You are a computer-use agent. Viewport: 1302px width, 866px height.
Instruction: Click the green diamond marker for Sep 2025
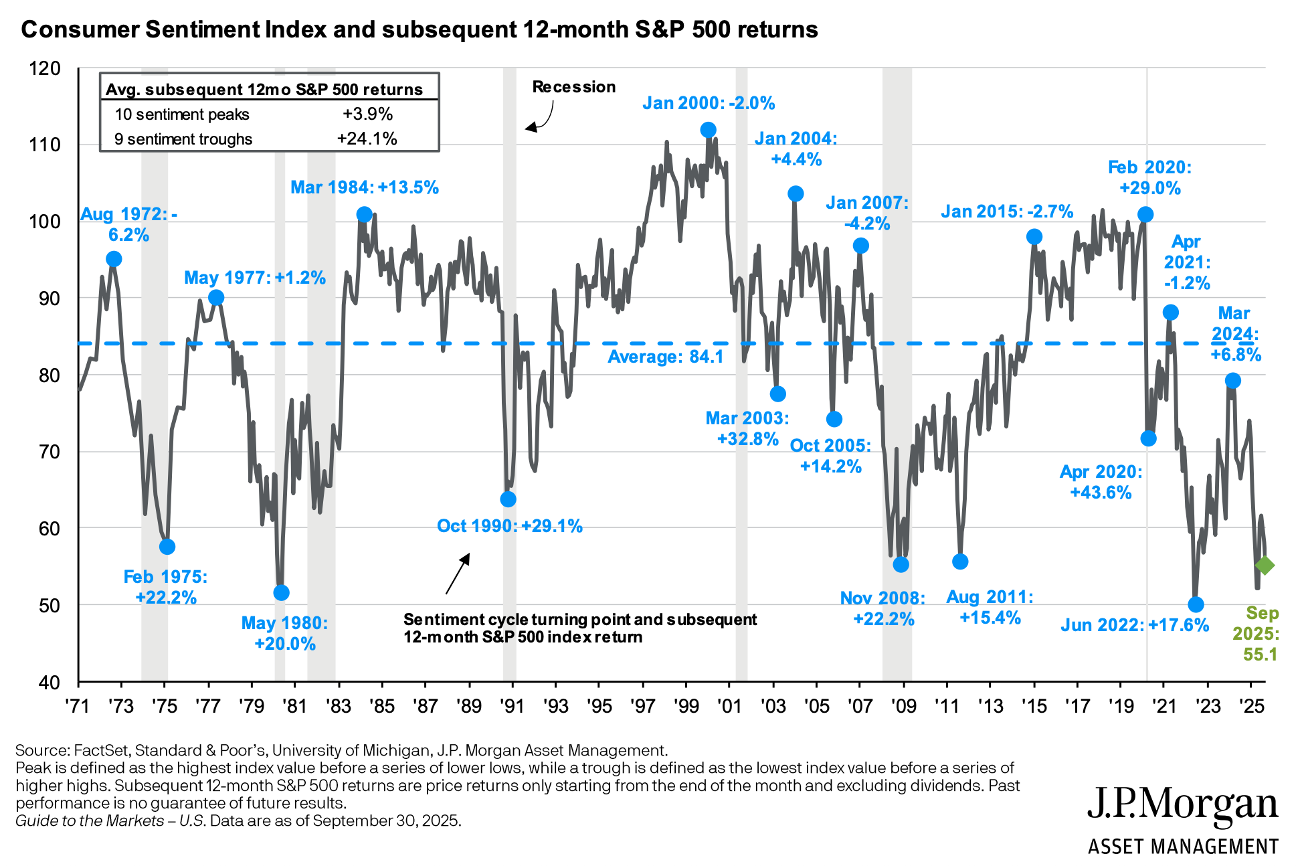1265,566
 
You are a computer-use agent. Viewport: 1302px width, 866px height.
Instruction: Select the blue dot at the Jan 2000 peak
709,130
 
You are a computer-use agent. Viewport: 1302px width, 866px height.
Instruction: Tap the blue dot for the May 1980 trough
282,593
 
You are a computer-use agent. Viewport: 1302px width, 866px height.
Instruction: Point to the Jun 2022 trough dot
1196,605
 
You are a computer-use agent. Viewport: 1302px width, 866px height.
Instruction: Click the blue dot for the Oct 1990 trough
508,499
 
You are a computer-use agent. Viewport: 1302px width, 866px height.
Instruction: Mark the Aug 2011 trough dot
960,561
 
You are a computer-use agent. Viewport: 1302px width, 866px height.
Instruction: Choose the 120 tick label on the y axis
45,68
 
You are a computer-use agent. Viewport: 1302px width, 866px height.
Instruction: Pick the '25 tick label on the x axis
1250,706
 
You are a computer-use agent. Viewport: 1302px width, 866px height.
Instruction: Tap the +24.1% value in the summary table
367,139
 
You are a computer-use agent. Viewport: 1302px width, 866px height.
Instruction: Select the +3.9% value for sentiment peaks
367,114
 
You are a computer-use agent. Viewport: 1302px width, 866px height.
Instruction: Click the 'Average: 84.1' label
666,357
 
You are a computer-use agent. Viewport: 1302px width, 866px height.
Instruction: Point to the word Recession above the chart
573,87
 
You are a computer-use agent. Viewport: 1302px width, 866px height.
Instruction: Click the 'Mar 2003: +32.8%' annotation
747,428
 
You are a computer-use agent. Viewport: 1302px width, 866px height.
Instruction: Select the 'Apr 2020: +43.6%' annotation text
1101,482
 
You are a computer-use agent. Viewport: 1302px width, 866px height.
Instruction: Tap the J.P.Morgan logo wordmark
1182,804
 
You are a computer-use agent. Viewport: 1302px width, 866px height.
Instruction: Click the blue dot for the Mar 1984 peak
365,215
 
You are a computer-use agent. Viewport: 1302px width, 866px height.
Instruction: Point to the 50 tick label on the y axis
45,606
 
